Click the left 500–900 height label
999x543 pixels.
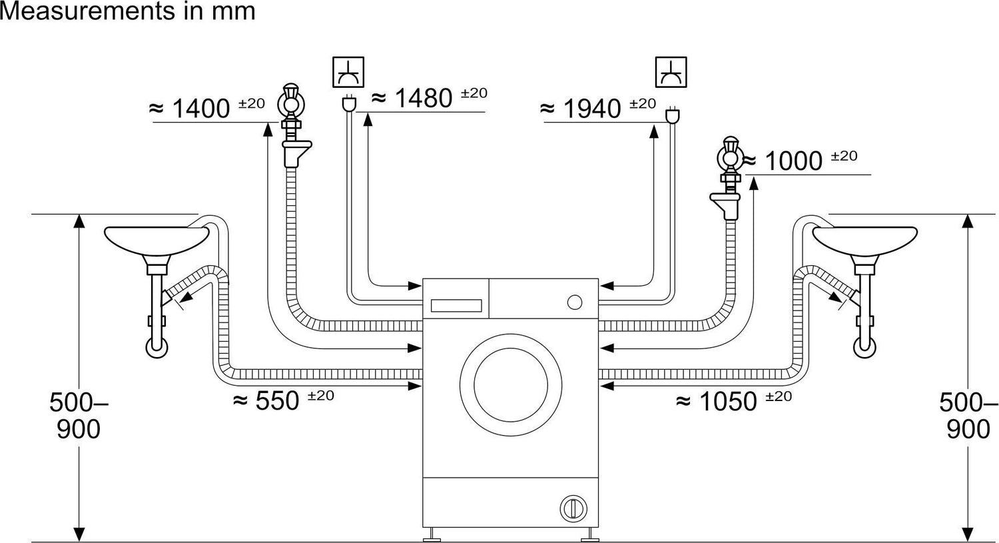pos(79,416)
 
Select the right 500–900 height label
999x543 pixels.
pos(968,416)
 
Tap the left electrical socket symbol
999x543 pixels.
pos(348,72)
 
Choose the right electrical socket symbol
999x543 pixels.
pos(671,72)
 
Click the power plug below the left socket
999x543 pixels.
pos(348,103)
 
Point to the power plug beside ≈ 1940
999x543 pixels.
pos(671,115)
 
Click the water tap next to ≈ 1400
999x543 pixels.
pos(292,125)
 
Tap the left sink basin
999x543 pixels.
pos(157,244)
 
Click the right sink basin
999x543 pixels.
pos(864,244)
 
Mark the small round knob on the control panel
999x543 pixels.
pos(574,302)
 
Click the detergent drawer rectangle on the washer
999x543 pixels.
pos(456,306)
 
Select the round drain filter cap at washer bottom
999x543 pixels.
pos(573,508)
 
